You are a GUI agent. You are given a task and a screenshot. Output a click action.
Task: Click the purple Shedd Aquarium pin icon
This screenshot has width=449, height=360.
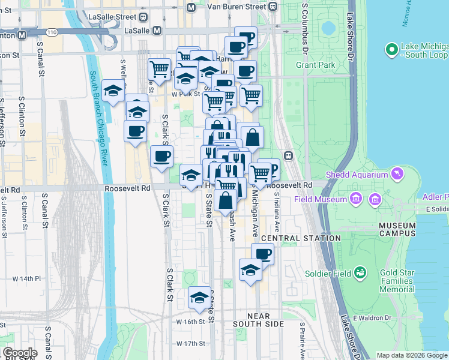point(396,175)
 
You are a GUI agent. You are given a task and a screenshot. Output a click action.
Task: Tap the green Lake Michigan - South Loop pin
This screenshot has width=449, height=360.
point(392,49)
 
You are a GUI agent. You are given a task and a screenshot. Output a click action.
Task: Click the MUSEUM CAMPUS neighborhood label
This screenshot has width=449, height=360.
point(397,229)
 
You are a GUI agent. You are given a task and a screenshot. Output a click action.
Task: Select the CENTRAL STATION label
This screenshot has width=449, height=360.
point(301,238)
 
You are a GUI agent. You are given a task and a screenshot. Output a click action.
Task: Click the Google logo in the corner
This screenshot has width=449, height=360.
point(20,353)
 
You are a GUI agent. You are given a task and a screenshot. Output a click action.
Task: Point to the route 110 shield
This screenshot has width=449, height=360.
point(52,32)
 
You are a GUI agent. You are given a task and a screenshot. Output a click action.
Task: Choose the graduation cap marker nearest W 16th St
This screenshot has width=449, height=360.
point(199,298)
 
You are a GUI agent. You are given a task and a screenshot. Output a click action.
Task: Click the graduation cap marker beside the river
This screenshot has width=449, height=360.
point(113,91)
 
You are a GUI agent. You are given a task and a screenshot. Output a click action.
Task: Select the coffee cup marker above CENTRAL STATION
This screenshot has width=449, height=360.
point(262,254)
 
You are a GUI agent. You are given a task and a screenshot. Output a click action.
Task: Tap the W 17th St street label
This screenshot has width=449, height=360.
point(191,344)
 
